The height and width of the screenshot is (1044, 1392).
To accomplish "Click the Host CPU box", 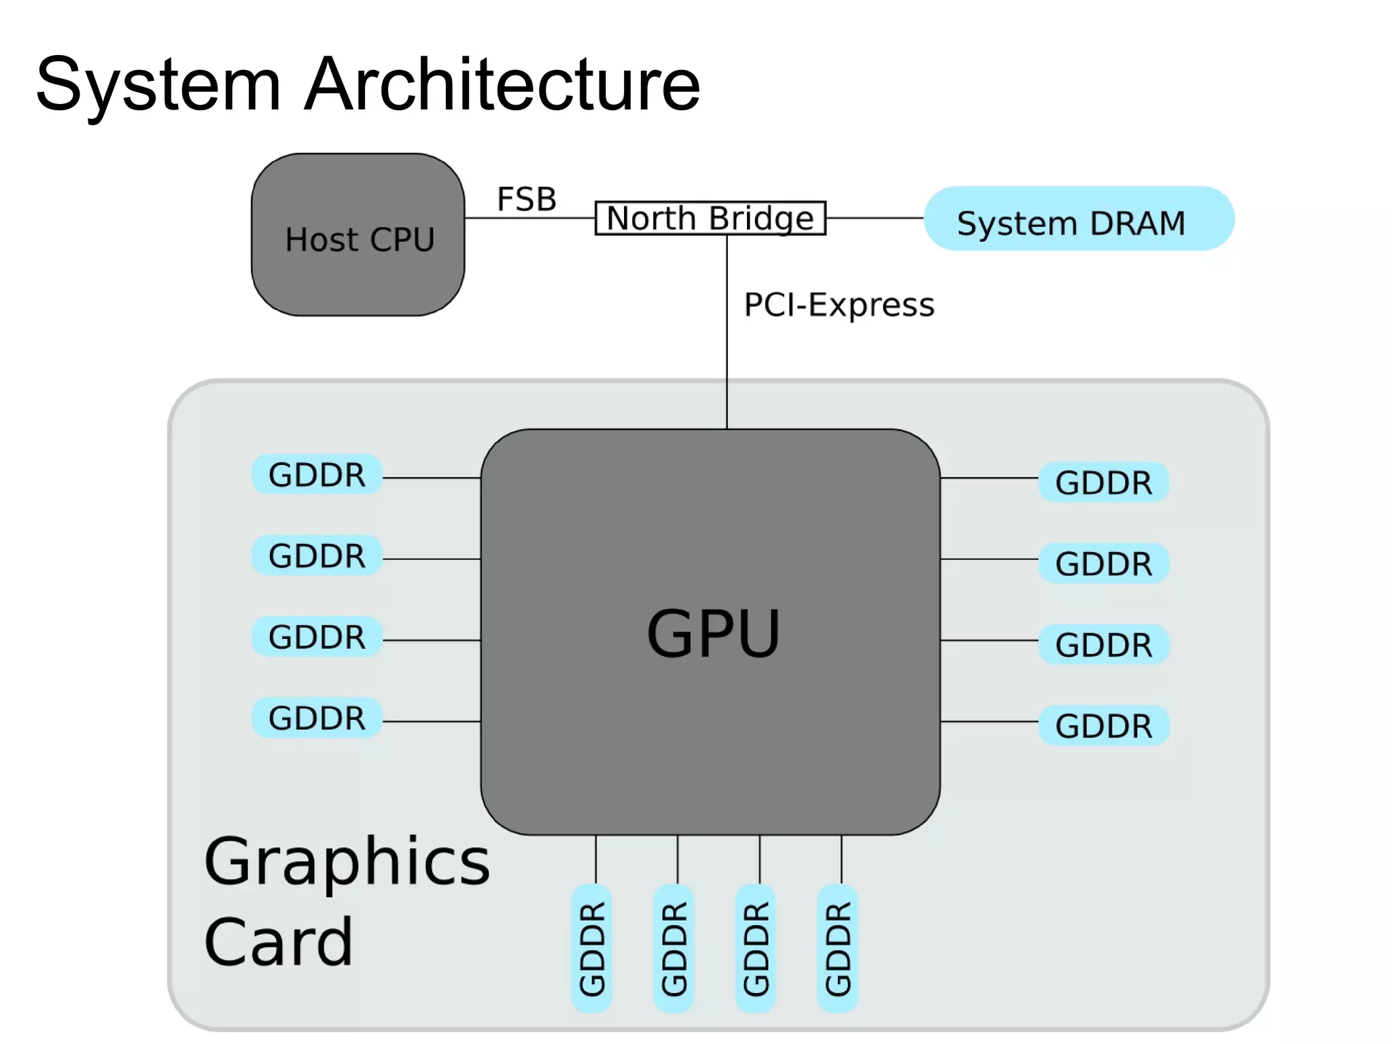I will point(358,235).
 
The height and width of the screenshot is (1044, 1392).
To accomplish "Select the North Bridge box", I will point(710,218).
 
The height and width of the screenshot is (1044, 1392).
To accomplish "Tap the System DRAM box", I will point(1079,219).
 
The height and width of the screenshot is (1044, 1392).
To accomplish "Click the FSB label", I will point(526,199).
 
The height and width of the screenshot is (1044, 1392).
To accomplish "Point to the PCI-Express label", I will point(839,304).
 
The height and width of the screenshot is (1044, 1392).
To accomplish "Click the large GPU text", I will point(713,633).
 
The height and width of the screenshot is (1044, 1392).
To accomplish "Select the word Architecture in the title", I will point(502,84).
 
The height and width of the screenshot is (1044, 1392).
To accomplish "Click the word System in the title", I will point(158,84).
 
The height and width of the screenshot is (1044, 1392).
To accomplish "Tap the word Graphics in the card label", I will point(347,862).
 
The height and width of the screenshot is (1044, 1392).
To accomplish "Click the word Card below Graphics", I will point(279,942).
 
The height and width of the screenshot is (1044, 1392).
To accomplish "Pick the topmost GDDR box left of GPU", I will point(317,474).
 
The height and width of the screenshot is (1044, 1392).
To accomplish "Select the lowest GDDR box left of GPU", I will point(317,718).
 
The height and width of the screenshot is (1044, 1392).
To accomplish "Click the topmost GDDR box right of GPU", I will point(1103,483).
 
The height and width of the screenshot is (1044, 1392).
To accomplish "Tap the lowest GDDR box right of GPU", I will point(1103,726).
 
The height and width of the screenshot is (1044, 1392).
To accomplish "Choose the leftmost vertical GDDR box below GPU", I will point(592,948).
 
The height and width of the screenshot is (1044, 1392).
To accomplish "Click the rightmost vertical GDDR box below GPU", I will point(837,948).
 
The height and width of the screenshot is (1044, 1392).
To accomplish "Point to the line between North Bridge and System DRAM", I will point(875,218).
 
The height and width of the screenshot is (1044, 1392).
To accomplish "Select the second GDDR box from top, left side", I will point(317,555).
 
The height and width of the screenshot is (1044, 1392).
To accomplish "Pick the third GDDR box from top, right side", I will point(1103,644).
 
